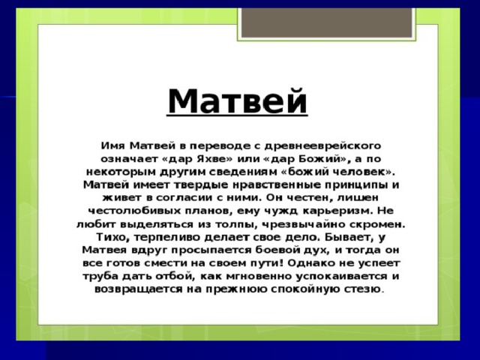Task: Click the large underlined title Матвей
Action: pyautogui.click(x=237, y=101)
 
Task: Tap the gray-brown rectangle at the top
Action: pyautogui.click(x=327, y=22)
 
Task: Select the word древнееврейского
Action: pyautogui.click(x=322, y=146)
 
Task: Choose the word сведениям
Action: pyautogui.click(x=241, y=172)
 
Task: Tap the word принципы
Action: pyautogui.click(x=355, y=185)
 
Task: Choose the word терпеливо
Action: pyautogui.click(x=166, y=237)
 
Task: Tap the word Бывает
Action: pyautogui.click(x=349, y=237)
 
